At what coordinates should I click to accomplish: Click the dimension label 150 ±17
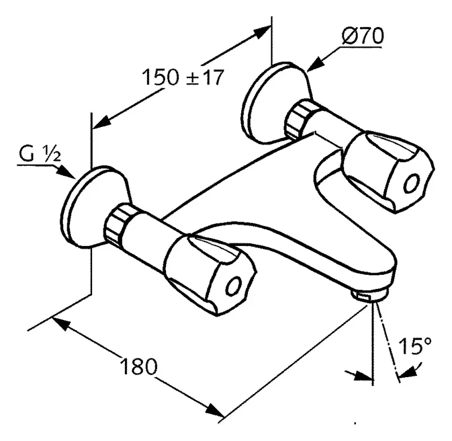click(x=183, y=77)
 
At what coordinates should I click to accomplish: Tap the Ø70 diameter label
click(x=363, y=36)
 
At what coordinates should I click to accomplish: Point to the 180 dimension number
click(x=139, y=366)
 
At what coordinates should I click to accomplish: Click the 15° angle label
click(x=415, y=345)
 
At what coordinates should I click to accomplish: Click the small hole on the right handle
click(x=411, y=183)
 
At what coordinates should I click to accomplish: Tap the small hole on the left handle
click(x=233, y=286)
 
